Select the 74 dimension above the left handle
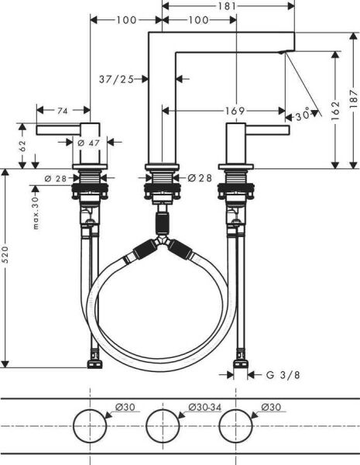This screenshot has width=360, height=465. (x=63, y=111)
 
